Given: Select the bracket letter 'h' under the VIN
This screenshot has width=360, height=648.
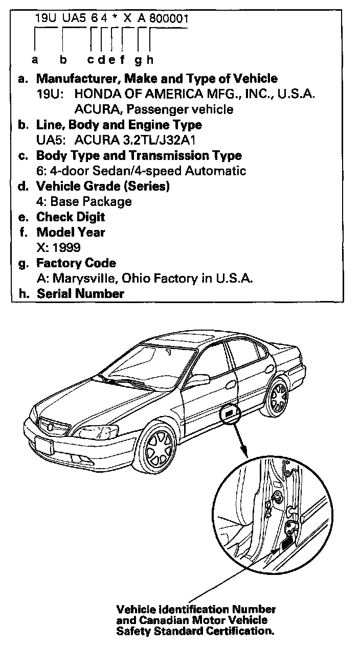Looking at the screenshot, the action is (x=150, y=60).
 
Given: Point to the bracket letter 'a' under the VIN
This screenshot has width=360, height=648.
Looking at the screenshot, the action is (x=35, y=60).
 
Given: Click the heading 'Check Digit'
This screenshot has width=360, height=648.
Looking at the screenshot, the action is (x=71, y=217).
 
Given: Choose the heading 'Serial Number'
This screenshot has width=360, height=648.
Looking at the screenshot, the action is (x=80, y=293).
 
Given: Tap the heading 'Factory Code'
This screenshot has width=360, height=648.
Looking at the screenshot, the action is (x=76, y=263).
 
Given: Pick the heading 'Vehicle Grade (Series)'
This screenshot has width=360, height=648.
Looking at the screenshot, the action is (x=103, y=186).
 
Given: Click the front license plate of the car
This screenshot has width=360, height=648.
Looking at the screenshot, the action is (x=44, y=446).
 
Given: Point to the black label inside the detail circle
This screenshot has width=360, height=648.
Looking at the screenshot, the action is (x=288, y=539).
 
